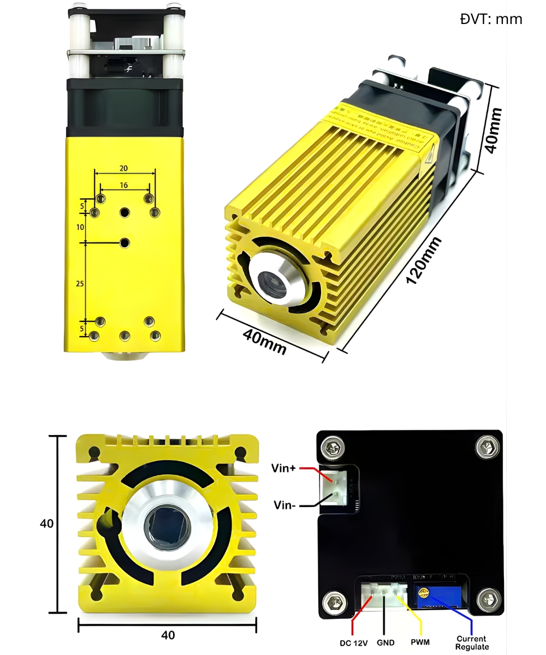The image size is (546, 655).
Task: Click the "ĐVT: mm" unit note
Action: coord(491,20)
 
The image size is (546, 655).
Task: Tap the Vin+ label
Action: coord(283,468)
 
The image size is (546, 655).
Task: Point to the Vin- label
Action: coord(284,505)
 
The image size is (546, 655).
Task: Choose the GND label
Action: coord(385,643)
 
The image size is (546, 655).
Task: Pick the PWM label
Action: coord(420,642)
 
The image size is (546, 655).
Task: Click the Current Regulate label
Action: coord(472,642)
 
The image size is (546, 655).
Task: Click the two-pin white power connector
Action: coord(335,486)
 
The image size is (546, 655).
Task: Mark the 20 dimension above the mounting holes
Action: coord(124,168)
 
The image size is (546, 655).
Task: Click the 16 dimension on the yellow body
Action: coord(124,185)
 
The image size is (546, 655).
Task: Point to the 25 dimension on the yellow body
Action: coord(80,283)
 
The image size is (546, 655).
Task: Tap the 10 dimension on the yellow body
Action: coord(80,227)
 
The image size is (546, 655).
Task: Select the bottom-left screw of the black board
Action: coord(333,603)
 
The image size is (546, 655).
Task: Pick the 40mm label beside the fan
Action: coord(493,130)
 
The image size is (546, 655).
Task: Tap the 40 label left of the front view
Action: coord(47,523)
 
